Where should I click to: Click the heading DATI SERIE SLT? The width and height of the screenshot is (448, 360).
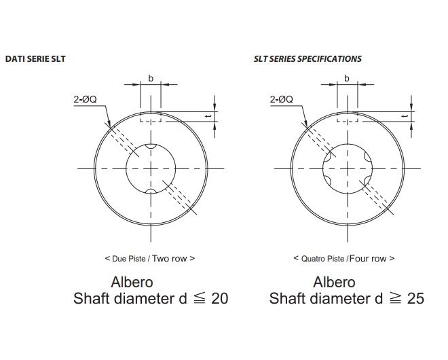[35, 59]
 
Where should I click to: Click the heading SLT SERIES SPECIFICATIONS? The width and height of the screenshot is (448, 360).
[307, 59]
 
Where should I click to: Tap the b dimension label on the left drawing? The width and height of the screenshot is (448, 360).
[151, 78]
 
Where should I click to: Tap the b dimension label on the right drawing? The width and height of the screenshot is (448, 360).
[347, 78]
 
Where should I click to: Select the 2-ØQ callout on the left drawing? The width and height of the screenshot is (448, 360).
[85, 99]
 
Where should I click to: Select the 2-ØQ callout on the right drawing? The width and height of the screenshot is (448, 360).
[282, 99]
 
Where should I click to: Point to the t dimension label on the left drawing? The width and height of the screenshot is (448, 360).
[209, 116]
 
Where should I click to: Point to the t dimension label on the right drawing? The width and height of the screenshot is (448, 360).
[405, 116]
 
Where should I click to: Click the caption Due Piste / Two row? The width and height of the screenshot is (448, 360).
[150, 259]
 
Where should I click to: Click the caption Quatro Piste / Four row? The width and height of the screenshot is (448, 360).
[343, 259]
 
